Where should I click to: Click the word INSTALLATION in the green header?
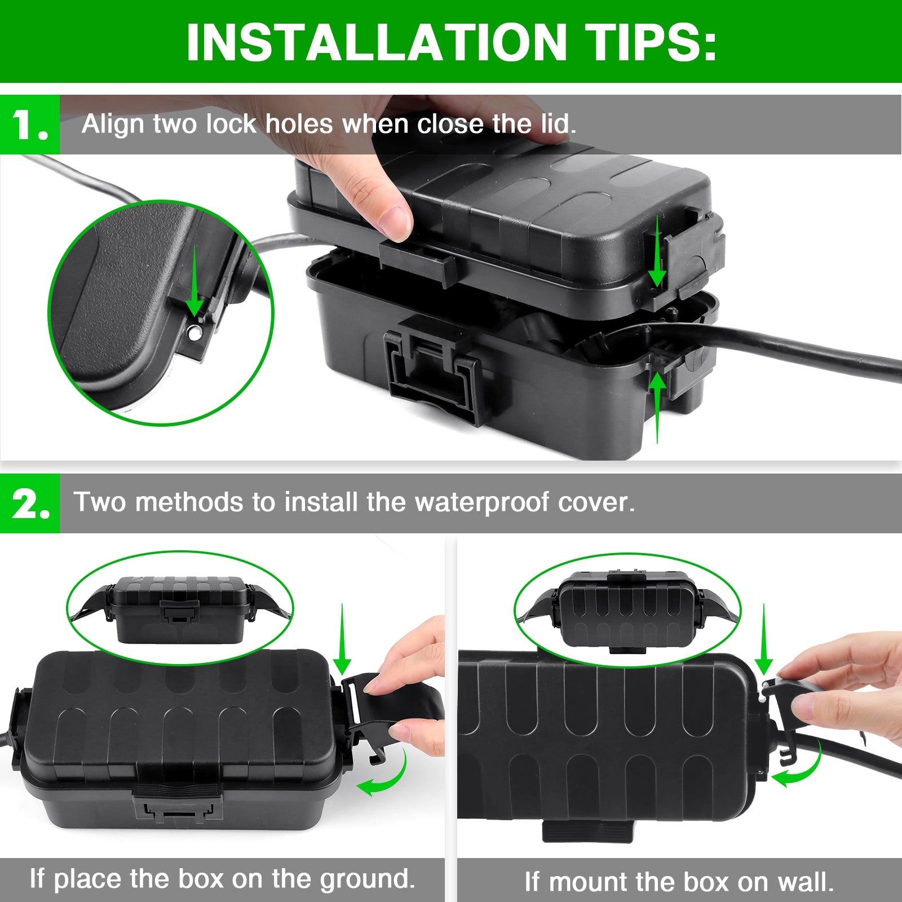click(376, 42)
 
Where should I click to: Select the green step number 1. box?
click(29, 125)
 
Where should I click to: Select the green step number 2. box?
click(29, 503)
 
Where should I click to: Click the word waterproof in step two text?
click(482, 502)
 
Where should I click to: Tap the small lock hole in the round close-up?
click(195, 333)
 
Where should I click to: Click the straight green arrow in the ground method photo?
click(342, 640)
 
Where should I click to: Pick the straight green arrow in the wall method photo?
click(764, 640)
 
